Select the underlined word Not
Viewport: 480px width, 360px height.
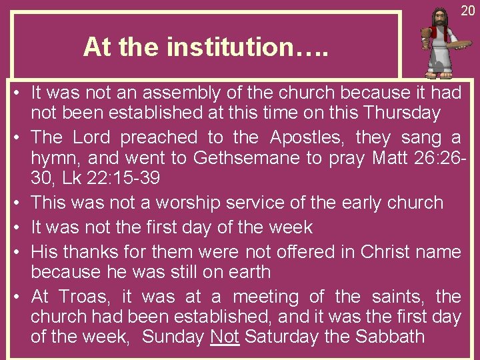pyautogui.click(x=225, y=337)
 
